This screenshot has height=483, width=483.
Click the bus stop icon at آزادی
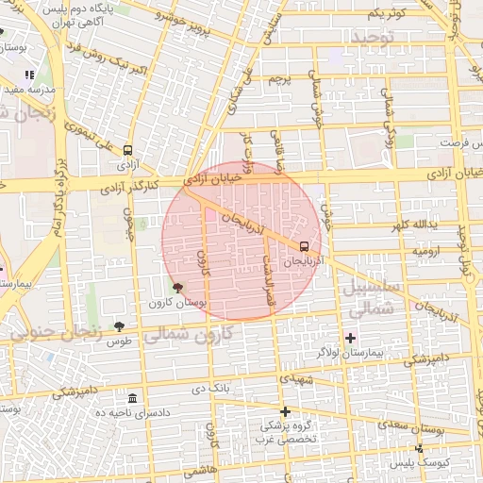[x=128, y=149]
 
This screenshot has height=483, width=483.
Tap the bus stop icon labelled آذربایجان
[x=302, y=244]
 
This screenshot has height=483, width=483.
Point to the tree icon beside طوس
[x=119, y=326]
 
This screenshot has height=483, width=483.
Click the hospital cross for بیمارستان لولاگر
[x=351, y=337]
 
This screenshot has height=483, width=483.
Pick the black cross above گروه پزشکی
[x=285, y=411]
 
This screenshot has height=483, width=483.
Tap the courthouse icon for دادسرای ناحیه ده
[x=132, y=398]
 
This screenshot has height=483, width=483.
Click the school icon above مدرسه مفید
[x=29, y=74]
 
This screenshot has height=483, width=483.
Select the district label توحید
[x=376, y=38]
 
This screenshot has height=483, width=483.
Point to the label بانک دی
[x=210, y=388]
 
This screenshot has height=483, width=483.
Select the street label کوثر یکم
[x=388, y=12]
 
